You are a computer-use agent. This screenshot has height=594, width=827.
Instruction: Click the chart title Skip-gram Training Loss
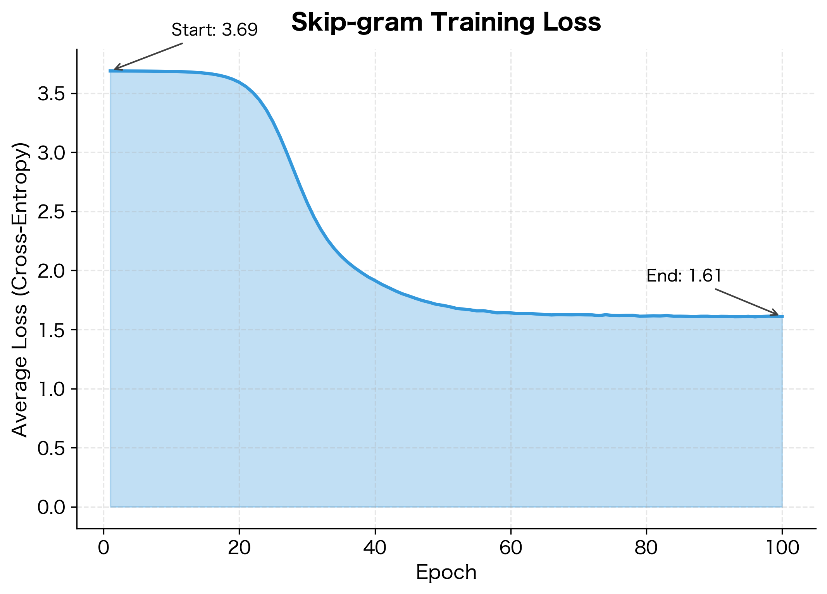[x=446, y=22]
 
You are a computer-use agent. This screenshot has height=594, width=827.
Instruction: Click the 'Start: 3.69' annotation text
[x=214, y=30]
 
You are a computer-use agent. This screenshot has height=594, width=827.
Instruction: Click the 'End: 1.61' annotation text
[x=684, y=276]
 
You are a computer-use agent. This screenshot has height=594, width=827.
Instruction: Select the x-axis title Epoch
[x=446, y=572]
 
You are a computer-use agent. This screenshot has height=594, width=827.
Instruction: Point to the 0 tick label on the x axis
[x=103, y=548]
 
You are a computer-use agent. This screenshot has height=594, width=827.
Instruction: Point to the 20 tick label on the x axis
[x=239, y=548]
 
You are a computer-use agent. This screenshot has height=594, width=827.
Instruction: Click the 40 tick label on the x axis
[x=375, y=548]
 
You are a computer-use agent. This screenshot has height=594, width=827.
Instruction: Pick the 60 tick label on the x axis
[x=510, y=548]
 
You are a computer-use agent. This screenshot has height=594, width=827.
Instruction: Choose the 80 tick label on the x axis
[x=646, y=548]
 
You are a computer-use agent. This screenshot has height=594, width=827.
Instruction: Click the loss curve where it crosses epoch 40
[x=375, y=280]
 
